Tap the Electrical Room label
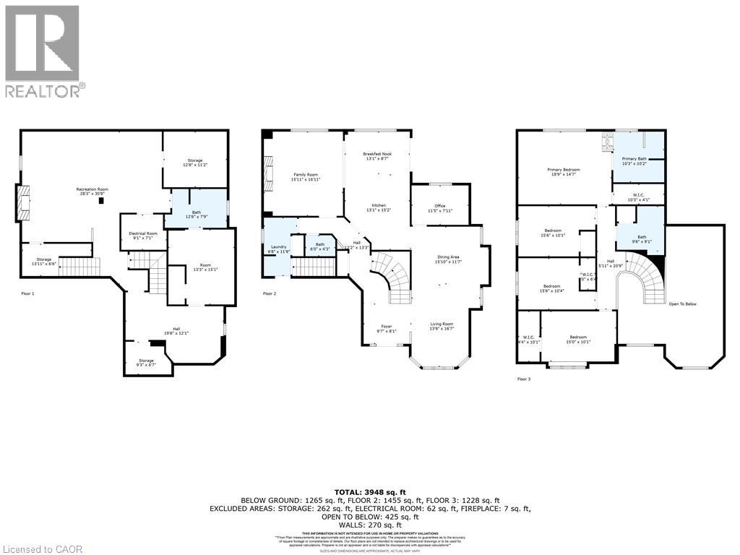point(142,236)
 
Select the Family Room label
point(306,176)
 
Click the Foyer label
point(387,329)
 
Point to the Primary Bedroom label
point(563,171)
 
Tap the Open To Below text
point(682,304)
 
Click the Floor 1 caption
point(27,293)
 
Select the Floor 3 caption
point(524,379)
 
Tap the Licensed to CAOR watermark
point(43,549)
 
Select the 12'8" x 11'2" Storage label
point(195,163)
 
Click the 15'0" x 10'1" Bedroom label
point(577,340)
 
